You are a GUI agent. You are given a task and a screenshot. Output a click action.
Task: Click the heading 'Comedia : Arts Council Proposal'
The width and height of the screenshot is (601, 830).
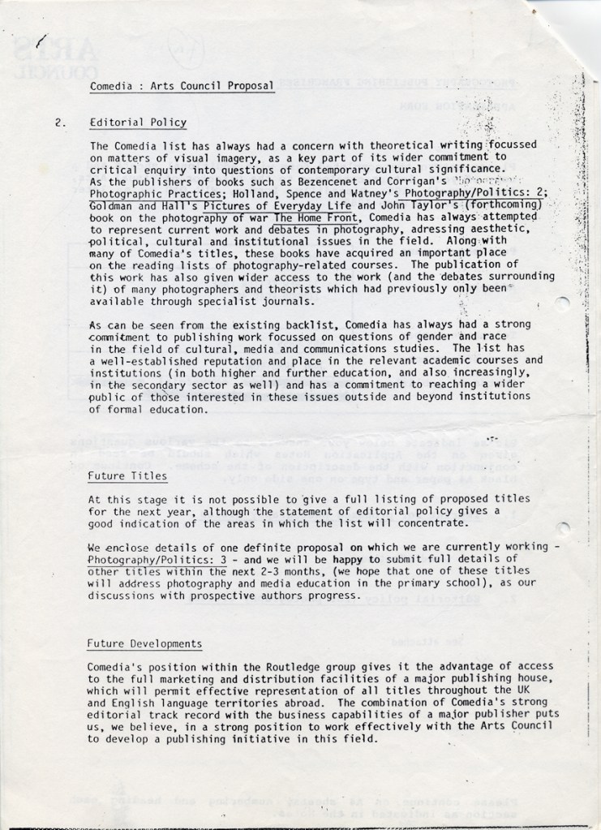click(x=181, y=85)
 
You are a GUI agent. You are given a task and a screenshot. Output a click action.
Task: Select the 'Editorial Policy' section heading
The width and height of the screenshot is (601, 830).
click(x=138, y=123)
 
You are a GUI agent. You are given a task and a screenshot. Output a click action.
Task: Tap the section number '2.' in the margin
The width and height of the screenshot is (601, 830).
click(x=59, y=123)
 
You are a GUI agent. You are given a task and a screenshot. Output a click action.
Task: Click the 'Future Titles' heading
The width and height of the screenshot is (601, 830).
click(x=128, y=476)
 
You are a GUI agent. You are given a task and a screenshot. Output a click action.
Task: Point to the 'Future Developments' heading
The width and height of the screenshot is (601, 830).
click(x=144, y=643)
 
